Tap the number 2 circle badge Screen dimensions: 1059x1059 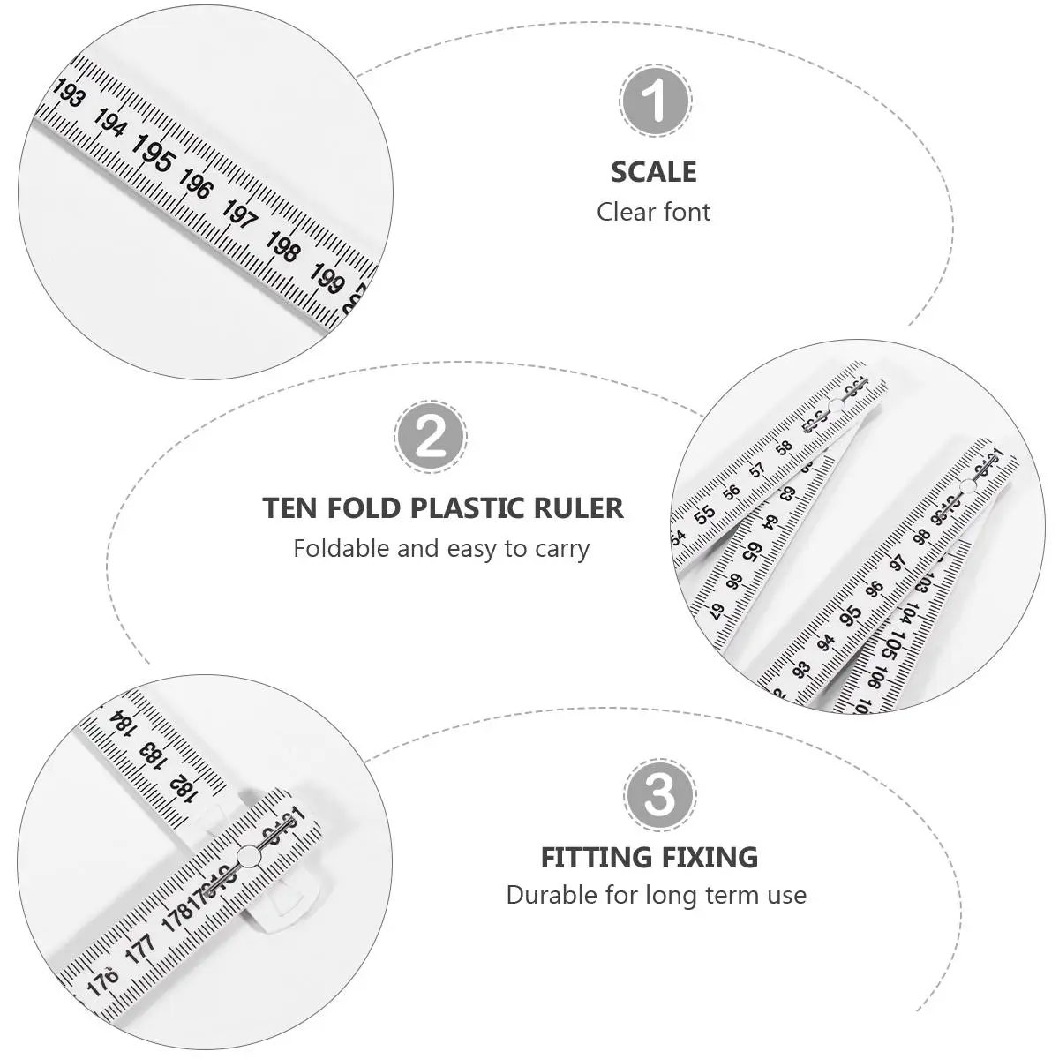click(x=431, y=437)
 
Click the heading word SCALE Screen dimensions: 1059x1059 click(x=653, y=172)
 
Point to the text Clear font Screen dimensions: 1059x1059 click(x=653, y=212)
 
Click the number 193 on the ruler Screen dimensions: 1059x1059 click(x=69, y=93)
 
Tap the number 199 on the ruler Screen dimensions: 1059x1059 click(x=326, y=279)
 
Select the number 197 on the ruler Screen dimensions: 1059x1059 click(x=239, y=214)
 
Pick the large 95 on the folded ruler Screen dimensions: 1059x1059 click(x=852, y=616)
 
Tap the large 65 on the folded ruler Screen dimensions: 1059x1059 click(x=752, y=553)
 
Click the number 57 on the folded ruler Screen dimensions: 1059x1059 click(x=758, y=469)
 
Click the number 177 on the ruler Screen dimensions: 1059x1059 click(x=140, y=947)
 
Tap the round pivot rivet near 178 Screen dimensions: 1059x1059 click(x=248, y=854)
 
